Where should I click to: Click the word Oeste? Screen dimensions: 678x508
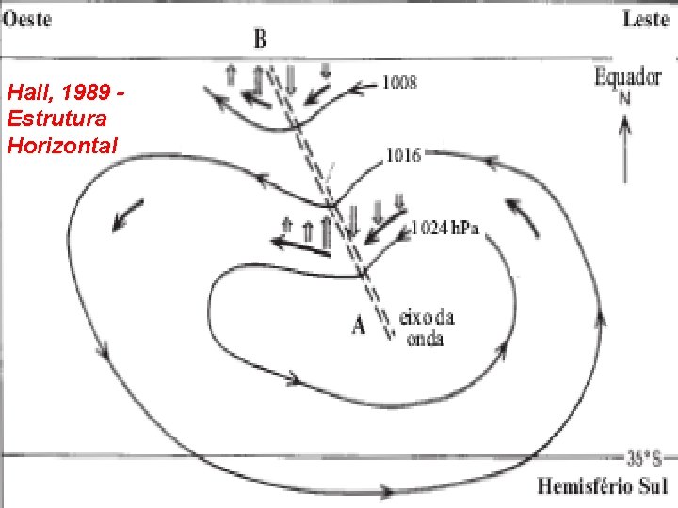26,18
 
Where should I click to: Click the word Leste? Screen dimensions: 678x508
645,19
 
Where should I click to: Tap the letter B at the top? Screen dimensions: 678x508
260,39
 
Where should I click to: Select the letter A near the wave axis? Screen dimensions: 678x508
359,326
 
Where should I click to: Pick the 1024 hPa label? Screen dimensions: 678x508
444,228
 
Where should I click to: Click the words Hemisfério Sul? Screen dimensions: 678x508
601,486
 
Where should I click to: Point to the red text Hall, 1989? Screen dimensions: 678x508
66,93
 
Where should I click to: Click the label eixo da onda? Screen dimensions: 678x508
426,328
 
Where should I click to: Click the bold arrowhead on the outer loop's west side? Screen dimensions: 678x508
124,216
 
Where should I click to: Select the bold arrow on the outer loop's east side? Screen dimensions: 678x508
526,215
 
